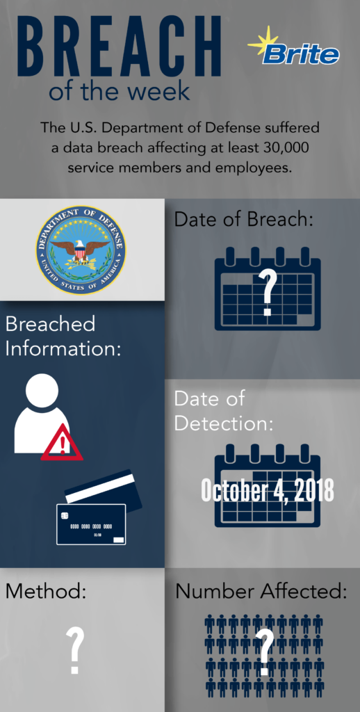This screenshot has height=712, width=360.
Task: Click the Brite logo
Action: point(294,47)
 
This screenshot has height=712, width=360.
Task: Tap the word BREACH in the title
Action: point(120,47)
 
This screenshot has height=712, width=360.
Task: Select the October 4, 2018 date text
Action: point(268,490)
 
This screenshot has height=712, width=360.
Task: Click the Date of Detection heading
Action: point(224,411)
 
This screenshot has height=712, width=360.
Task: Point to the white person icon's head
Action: point(42,391)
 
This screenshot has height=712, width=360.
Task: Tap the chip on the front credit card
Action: point(65,515)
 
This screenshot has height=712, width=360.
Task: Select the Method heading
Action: point(46,591)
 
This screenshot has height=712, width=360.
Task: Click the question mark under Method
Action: point(75,650)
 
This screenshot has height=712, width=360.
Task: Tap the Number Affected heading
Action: point(261,591)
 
